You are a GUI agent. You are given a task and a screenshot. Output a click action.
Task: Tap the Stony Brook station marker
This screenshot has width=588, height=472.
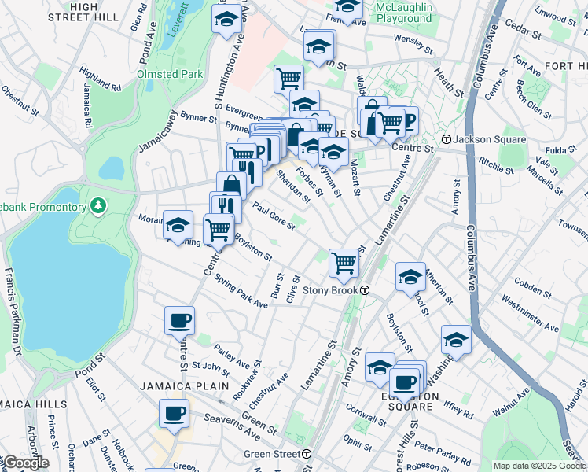click(366, 290)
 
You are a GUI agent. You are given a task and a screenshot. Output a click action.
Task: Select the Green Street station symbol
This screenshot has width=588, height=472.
click(307, 454)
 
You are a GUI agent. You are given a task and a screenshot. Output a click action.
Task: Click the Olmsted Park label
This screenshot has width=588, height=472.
click(170, 74)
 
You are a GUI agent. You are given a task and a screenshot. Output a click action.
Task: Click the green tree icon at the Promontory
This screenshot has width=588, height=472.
click(98, 206)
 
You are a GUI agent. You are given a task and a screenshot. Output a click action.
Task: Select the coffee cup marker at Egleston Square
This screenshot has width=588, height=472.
click(405, 382)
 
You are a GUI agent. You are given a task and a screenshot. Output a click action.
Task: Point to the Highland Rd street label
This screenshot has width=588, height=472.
click(100, 80)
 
